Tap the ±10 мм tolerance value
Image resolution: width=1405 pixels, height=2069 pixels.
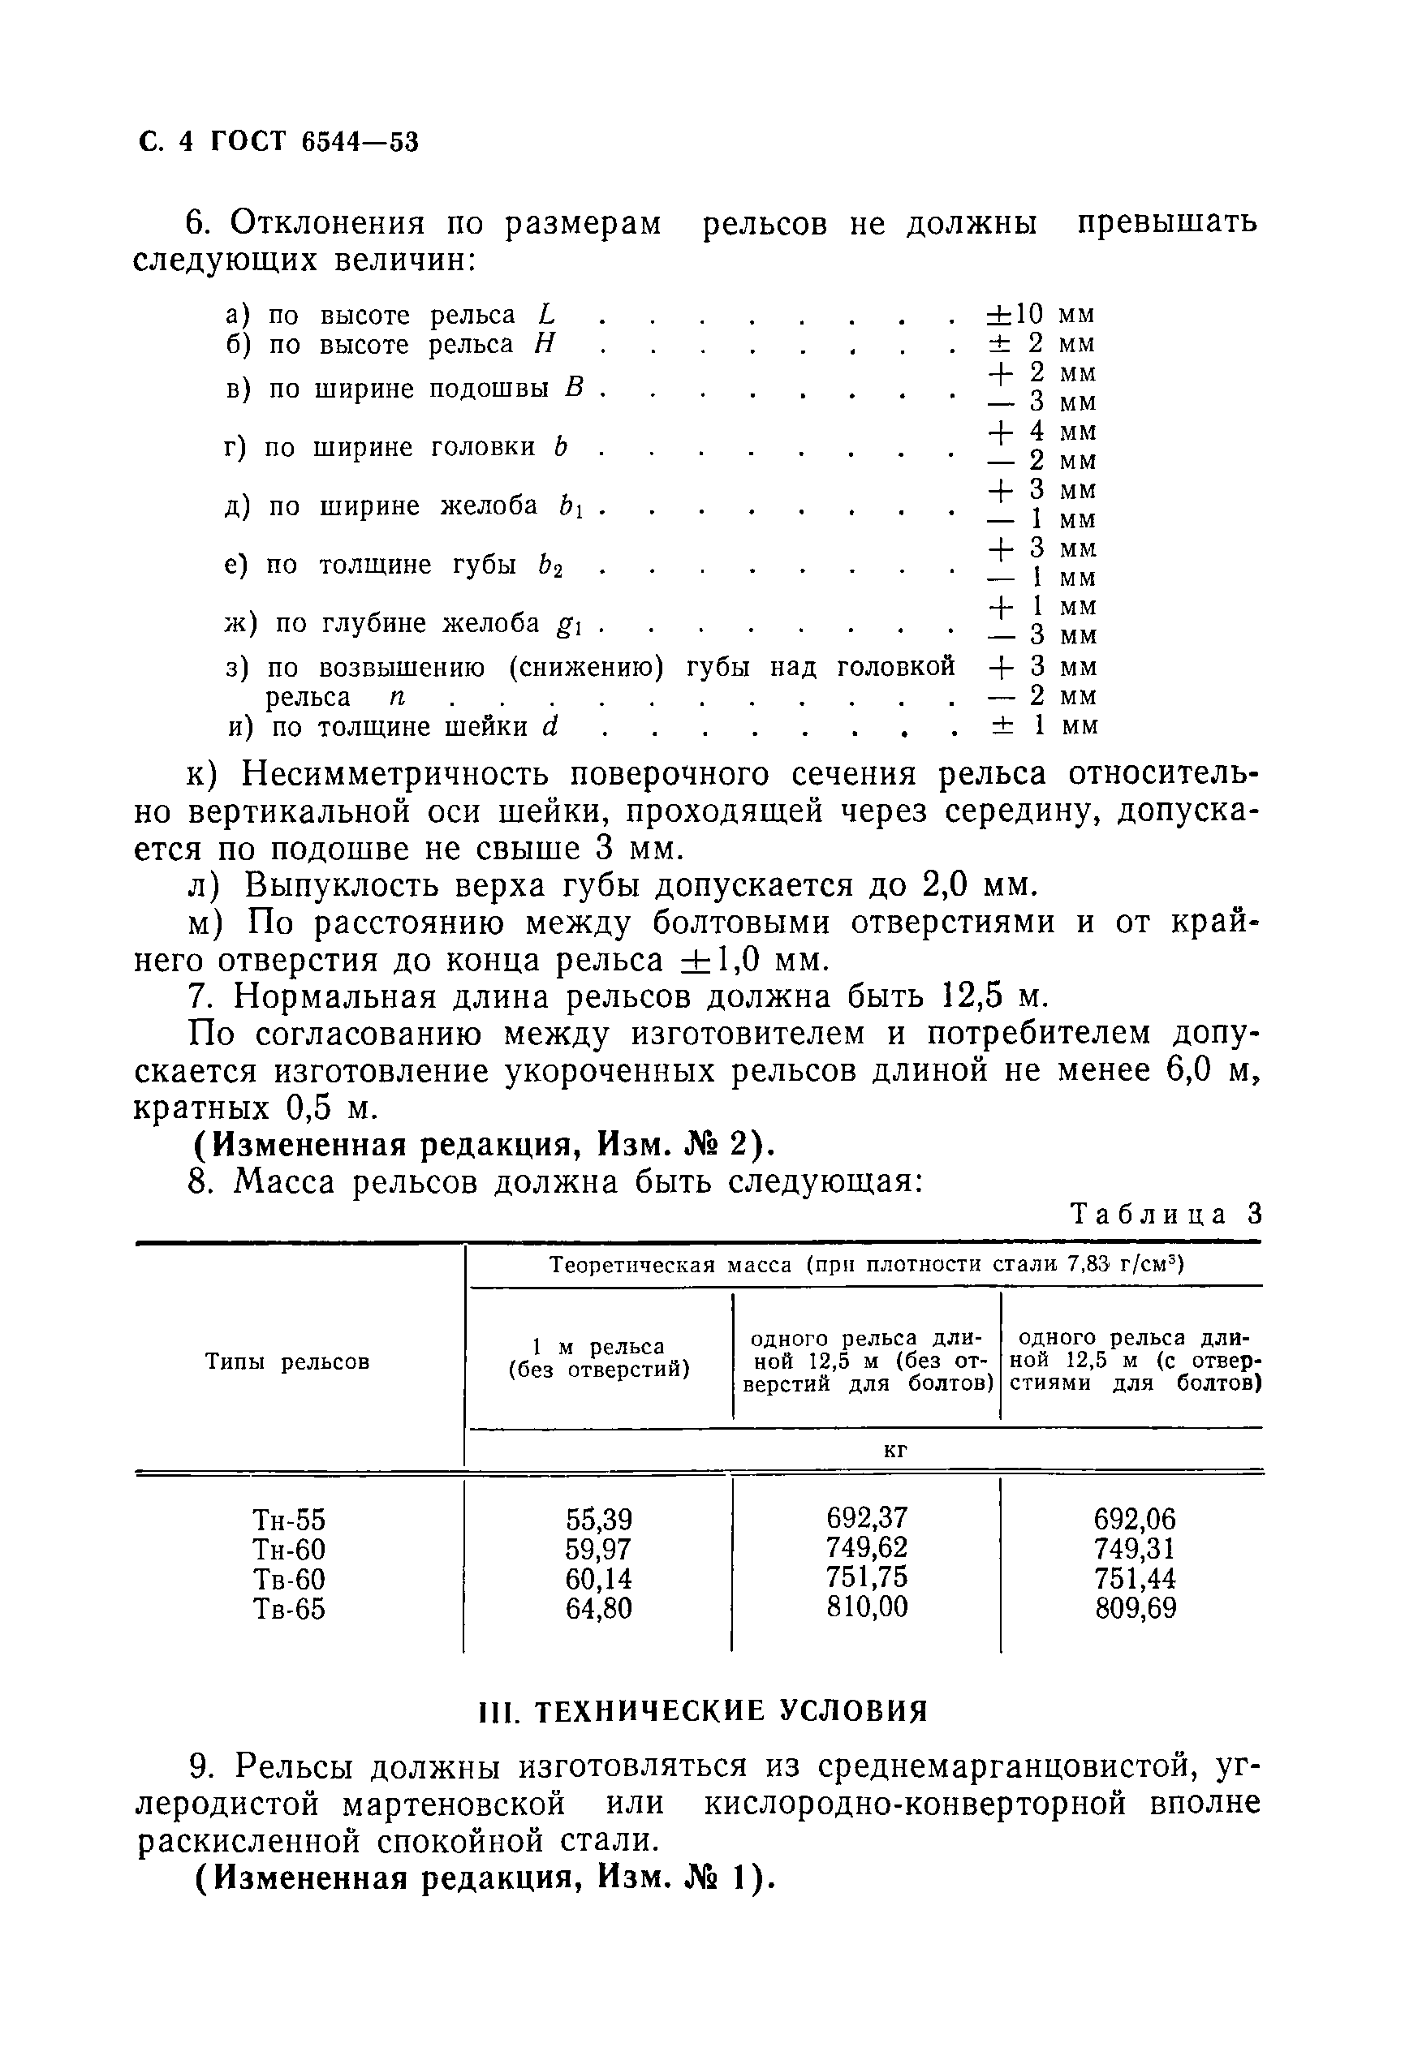coord(1040,314)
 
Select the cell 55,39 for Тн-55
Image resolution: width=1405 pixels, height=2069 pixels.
coord(598,1519)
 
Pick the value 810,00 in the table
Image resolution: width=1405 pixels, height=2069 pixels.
coord(866,1607)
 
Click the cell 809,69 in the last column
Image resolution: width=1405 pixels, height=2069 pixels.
coord(1136,1608)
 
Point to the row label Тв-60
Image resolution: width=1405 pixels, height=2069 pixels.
coord(290,1578)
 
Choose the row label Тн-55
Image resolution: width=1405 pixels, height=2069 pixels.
coord(290,1519)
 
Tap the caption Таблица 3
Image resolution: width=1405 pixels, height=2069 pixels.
coord(1166,1215)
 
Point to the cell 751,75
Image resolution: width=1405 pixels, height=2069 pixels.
coord(866,1576)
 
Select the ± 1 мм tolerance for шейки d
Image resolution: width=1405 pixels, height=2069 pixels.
coord(1044,725)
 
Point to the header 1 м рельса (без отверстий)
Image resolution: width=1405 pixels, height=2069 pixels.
coord(598,1359)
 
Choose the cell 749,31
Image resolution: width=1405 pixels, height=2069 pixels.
coord(1136,1548)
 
